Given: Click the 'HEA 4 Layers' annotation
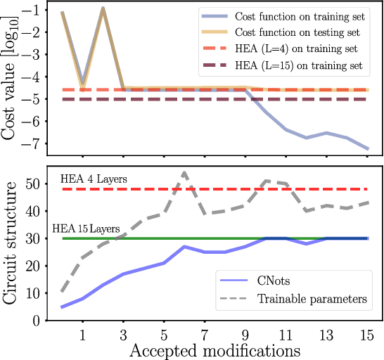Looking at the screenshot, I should click(94, 179).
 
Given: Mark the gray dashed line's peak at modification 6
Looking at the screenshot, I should click(184, 172).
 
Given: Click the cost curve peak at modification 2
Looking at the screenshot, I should click(103, 8).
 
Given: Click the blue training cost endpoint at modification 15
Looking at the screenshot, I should click(367, 149).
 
